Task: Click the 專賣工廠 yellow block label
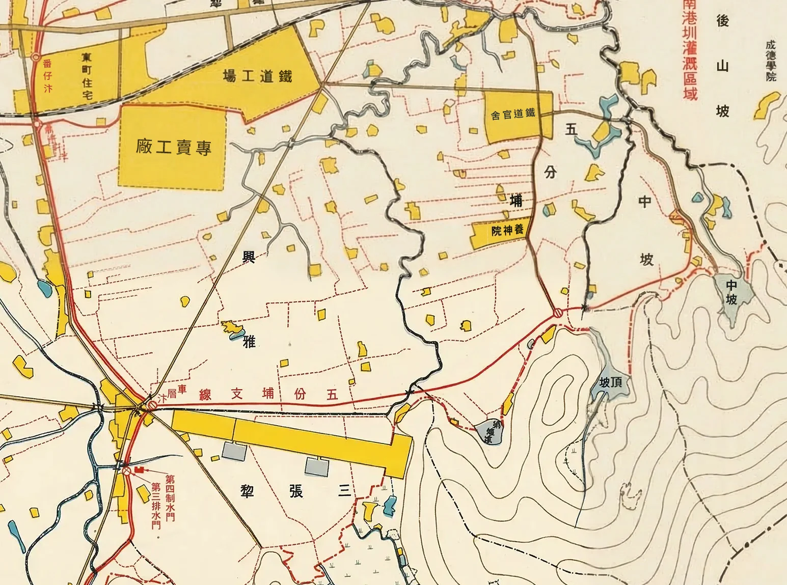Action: [x=174, y=148]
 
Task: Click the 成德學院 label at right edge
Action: [x=770, y=61]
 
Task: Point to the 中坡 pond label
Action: [x=731, y=292]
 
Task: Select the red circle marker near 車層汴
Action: [x=152, y=405]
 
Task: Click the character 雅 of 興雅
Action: [x=249, y=342]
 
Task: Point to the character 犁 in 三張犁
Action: [x=247, y=491]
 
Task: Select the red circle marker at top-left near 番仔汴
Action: [x=35, y=58]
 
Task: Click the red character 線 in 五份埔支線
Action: [x=206, y=394]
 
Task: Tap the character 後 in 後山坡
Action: [x=723, y=21]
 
